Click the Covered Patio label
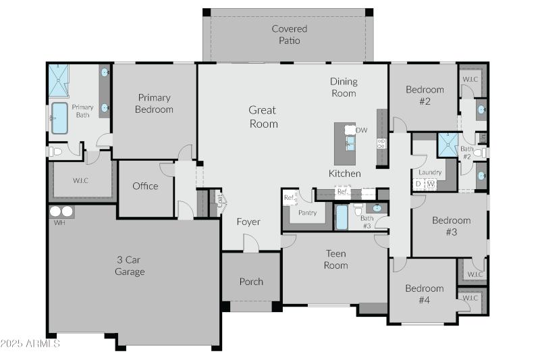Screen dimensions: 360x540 tap(289, 34)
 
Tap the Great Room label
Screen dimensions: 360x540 tap(263, 117)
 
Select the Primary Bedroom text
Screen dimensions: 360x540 tap(154, 103)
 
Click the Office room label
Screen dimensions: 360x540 tap(145, 186)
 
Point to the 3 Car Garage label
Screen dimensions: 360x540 tap(130, 265)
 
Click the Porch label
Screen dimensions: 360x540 tap(251, 282)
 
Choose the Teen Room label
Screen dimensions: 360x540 tap(335, 259)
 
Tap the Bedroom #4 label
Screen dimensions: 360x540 tap(425, 294)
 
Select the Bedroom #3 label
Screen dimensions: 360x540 tap(451, 226)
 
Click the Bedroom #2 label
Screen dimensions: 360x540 tap(425, 95)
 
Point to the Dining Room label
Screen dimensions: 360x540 tap(344, 87)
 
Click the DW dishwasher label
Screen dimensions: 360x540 tap(362, 130)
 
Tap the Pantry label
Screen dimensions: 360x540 tap(307, 213)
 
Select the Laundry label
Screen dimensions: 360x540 tap(430, 172)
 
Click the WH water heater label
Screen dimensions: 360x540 tap(59, 222)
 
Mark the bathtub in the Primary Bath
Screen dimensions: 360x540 tap(59, 118)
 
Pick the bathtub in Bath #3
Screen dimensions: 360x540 tap(342, 219)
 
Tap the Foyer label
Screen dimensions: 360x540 tap(248, 222)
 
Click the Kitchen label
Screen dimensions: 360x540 tap(344, 174)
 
